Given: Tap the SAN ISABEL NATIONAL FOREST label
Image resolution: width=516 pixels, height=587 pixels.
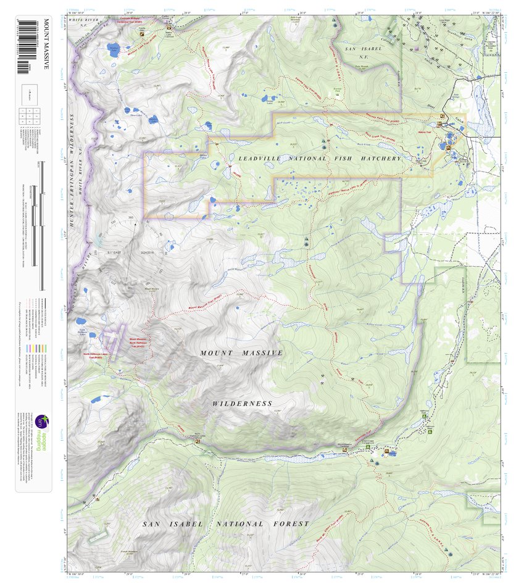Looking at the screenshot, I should pos(225,524).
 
